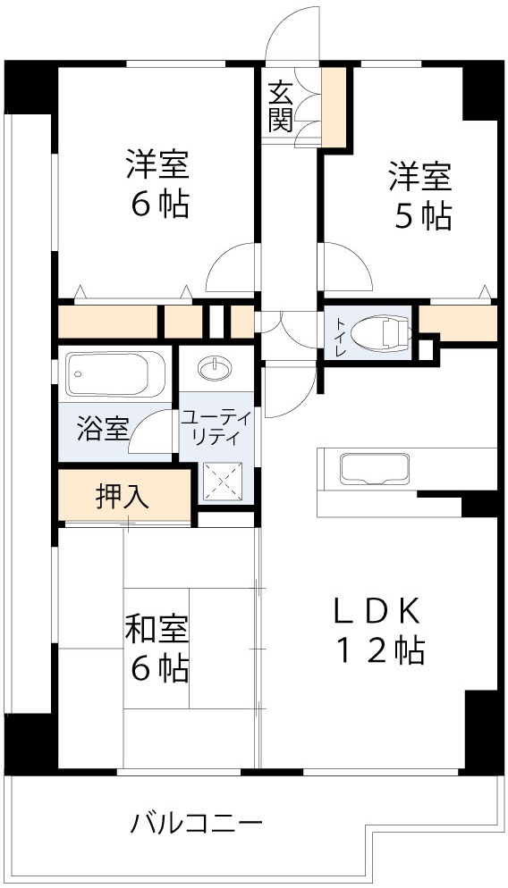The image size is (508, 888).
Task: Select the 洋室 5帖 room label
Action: tap(419, 196)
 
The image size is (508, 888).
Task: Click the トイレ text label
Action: tap(339, 333)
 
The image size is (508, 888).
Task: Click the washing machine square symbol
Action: tap(222, 483)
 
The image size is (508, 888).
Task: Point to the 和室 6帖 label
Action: tap(157, 648)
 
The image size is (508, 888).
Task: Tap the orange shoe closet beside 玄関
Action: tap(334, 105)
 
